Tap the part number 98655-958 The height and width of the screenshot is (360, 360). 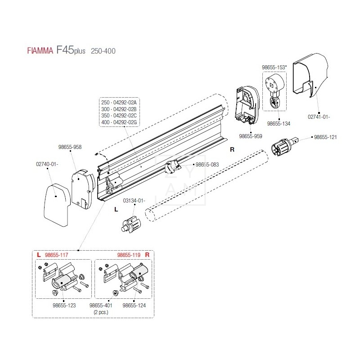tap(70, 147)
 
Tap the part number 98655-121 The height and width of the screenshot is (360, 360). tap(325, 137)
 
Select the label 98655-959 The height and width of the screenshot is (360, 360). tap(251, 135)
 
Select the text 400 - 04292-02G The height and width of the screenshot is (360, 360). tap(119, 122)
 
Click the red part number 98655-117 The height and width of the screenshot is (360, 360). tap(58, 255)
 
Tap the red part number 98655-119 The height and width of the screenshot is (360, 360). tap(129, 255)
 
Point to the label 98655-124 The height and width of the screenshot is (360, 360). tap(134, 306)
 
